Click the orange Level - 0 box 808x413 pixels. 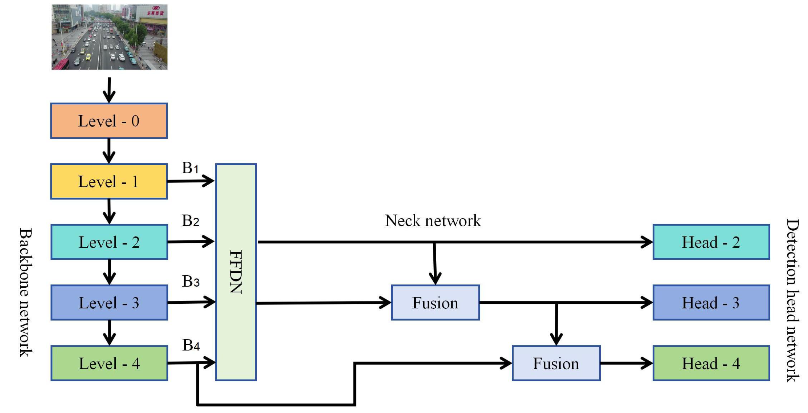pyautogui.click(x=109, y=121)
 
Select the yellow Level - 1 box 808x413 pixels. pyautogui.click(x=109, y=181)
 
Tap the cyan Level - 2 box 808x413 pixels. pyautogui.click(x=109, y=242)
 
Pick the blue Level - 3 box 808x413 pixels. pyautogui.click(x=109, y=302)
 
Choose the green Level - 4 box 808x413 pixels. pyautogui.click(x=109, y=363)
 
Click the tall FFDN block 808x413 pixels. pyautogui.click(x=236, y=272)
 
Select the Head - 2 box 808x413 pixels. pyautogui.click(x=711, y=242)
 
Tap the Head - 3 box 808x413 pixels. pyautogui.click(x=711, y=302)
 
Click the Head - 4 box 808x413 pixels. pyautogui.click(x=711, y=363)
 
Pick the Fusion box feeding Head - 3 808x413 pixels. pyautogui.click(x=435, y=302)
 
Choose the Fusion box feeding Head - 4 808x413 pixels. pyautogui.click(x=556, y=363)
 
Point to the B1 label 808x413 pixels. pyautogui.click(x=190, y=168)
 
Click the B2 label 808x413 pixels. pyautogui.click(x=190, y=221)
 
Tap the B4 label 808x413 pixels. pyautogui.click(x=191, y=345)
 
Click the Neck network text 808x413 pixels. pyautogui.click(x=433, y=221)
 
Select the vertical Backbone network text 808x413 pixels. pyautogui.click(x=26, y=292)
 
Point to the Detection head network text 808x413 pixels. pyautogui.click(x=793, y=300)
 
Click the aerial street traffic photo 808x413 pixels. pyautogui.click(x=109, y=37)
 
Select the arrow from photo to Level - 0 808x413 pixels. pyautogui.click(x=109, y=90)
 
